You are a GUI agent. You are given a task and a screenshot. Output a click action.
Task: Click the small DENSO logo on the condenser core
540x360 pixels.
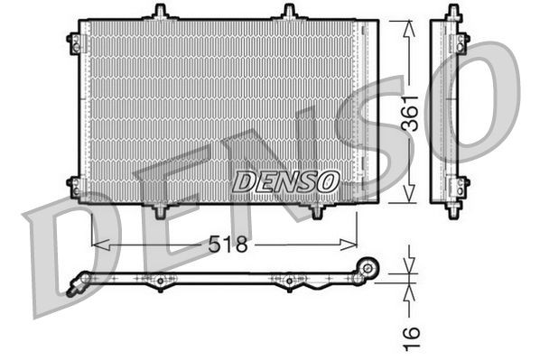285,180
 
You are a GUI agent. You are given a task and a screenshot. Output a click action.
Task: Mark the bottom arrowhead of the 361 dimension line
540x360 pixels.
408,198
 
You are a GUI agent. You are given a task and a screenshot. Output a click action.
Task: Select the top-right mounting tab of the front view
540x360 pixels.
289,12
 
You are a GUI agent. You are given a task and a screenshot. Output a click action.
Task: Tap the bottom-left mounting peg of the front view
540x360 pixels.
161,210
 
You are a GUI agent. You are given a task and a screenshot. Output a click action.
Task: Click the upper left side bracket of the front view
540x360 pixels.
74,41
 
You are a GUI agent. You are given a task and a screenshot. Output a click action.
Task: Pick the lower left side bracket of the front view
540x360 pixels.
74,186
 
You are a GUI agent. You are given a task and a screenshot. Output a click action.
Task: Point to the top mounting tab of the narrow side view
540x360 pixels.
449,12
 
